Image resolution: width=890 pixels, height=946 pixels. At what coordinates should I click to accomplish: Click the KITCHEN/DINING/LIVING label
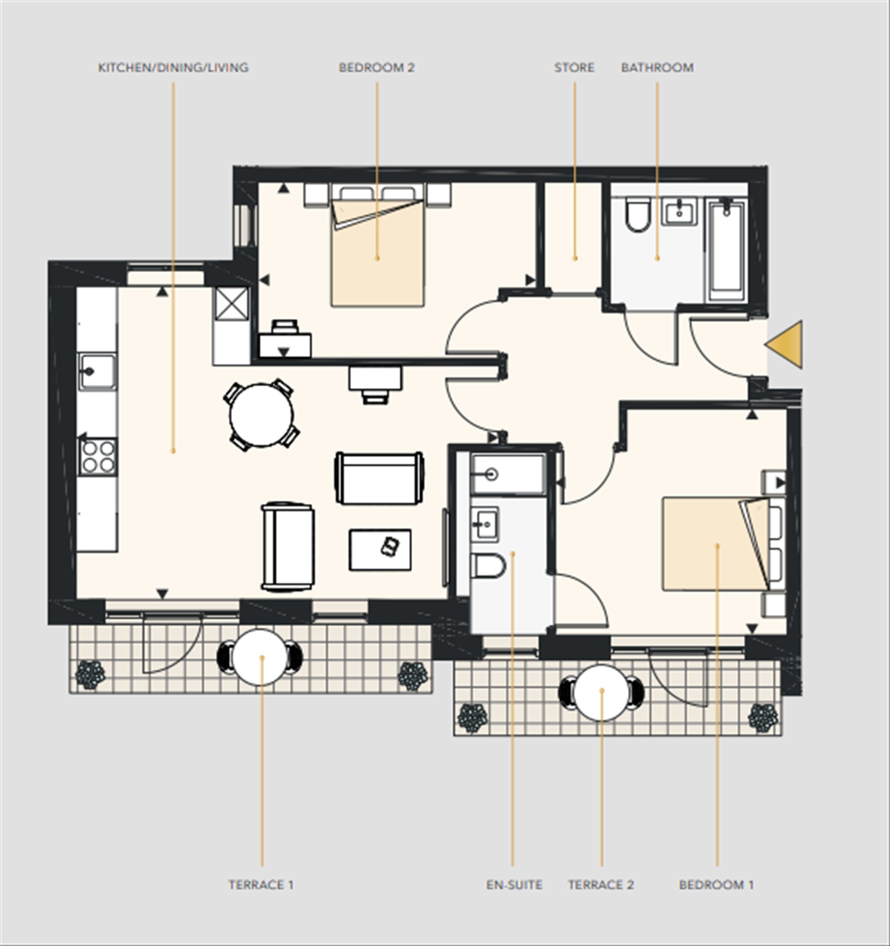173,68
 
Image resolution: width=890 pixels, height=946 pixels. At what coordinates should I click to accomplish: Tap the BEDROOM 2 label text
377,68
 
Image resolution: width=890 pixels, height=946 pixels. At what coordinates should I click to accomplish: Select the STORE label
574,68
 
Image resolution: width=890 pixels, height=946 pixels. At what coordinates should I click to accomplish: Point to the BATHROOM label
657,68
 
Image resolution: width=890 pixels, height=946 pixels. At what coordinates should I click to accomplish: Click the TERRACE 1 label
261,885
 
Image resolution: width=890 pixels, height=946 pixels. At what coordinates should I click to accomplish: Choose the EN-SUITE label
515,885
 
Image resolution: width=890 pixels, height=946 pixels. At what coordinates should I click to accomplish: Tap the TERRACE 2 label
601,885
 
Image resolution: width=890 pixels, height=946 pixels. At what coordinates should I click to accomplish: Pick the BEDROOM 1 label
717,885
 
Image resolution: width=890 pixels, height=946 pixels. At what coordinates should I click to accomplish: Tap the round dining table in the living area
261,416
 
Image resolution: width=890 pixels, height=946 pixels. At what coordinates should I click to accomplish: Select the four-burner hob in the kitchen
98,457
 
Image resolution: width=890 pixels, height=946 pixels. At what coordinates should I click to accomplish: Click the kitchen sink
97,371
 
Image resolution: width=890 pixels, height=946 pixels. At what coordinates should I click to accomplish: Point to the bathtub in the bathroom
726,250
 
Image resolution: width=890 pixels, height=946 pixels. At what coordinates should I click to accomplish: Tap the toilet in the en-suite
489,566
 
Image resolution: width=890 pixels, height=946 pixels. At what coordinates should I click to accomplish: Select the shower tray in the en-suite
508,475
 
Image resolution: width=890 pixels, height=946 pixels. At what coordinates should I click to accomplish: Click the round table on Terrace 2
601,694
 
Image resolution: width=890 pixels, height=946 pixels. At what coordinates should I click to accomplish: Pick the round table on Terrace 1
260,658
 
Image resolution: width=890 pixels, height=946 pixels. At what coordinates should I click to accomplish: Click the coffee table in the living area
380,549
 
